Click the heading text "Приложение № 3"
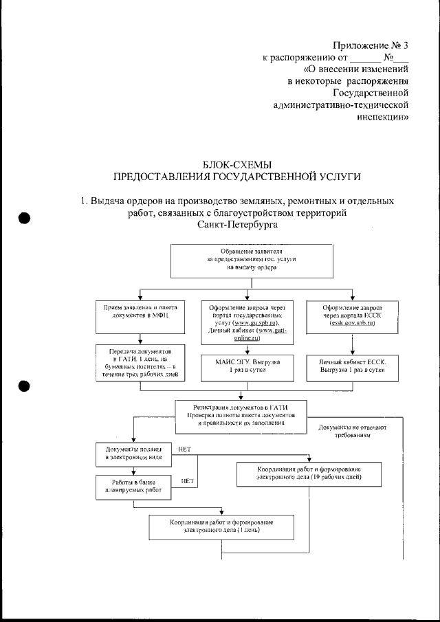[x=371, y=46]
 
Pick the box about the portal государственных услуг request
[x=241, y=322]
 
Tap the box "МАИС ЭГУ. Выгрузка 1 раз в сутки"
[x=241, y=366]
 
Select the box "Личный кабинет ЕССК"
[x=352, y=366]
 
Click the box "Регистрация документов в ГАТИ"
[x=241, y=416]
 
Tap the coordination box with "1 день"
[x=216, y=527]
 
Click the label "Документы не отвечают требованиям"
[x=353, y=431]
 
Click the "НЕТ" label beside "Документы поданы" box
[x=184, y=449]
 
